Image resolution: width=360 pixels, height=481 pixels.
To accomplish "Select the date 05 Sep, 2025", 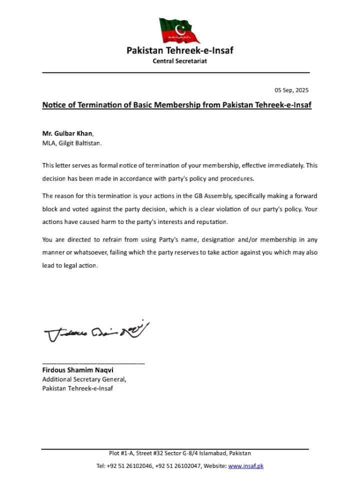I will tap(291, 90).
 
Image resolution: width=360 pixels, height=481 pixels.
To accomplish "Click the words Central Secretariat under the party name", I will tap(179, 61).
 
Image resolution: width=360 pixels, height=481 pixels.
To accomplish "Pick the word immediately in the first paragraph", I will tap(280, 165).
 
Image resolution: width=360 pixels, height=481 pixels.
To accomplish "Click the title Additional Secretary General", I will tap(80, 379).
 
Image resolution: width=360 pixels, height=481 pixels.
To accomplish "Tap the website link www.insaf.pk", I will tap(245, 466).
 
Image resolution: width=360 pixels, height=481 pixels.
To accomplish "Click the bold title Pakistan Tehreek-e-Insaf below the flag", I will tap(179, 50).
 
